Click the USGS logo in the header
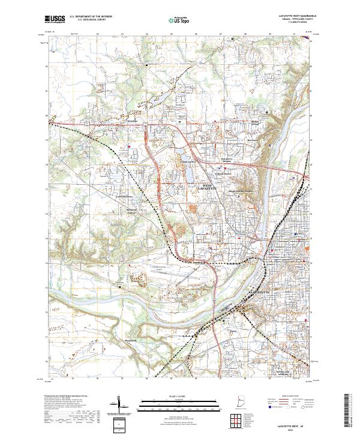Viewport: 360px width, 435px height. pyautogui.click(x=55, y=20)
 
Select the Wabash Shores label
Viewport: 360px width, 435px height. pyautogui.click(x=223, y=174)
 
